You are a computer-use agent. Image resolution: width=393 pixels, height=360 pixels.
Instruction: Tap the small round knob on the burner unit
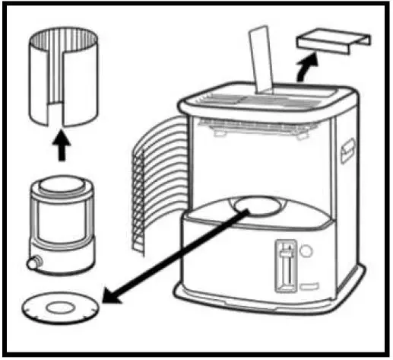click(32, 264)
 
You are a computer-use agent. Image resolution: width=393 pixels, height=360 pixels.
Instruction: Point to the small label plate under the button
click(307, 287)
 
